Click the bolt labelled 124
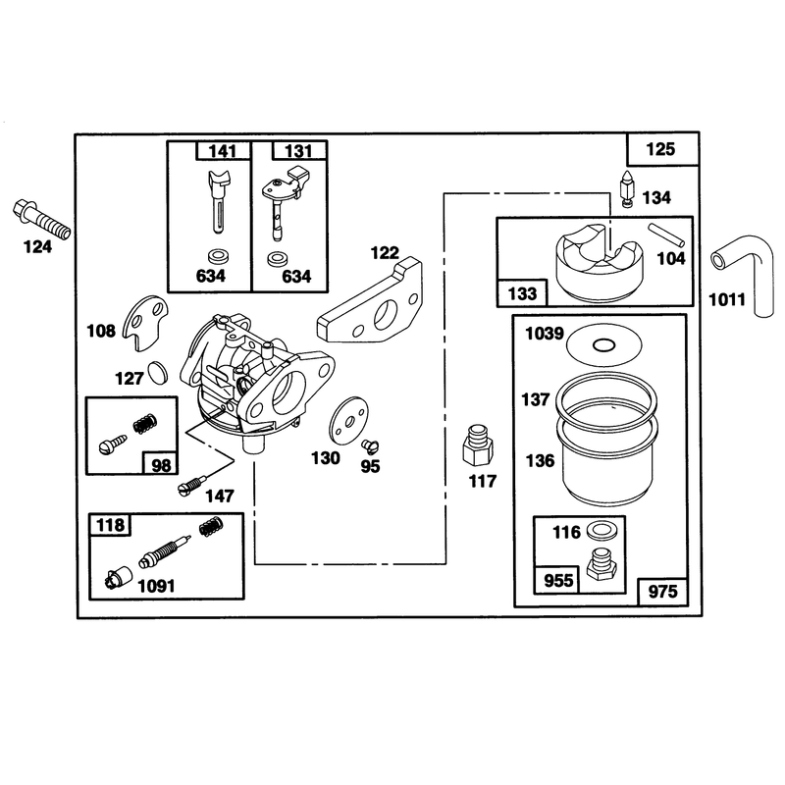coord(41,219)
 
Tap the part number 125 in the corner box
coord(660,149)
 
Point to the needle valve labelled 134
coord(627,188)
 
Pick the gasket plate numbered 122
coord(371,302)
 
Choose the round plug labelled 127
coord(158,373)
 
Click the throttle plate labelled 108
coord(145,323)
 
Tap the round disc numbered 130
coord(348,419)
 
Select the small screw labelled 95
coord(371,445)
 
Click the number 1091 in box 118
coord(156,586)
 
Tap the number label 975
coord(662,592)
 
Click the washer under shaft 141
coord(217,257)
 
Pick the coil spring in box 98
coord(145,424)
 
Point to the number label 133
coord(522,293)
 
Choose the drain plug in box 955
coord(602,565)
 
